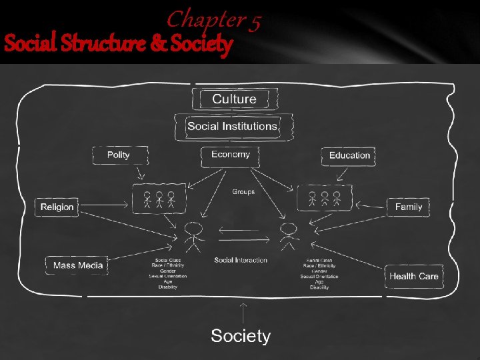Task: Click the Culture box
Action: [x=233, y=99]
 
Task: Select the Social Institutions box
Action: [x=232, y=126]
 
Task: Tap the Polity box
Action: [x=118, y=155]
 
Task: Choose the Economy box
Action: [x=230, y=155]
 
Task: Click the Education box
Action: [x=349, y=155]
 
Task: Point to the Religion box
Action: [x=57, y=207]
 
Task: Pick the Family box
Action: [x=408, y=207]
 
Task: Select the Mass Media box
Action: [x=78, y=265]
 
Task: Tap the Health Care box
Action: [x=414, y=276]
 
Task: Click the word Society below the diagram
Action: [x=241, y=336]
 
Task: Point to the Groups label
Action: [x=243, y=192]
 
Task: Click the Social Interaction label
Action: [x=241, y=260]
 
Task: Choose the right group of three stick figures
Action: [x=324, y=199]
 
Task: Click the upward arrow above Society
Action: [x=243, y=313]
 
